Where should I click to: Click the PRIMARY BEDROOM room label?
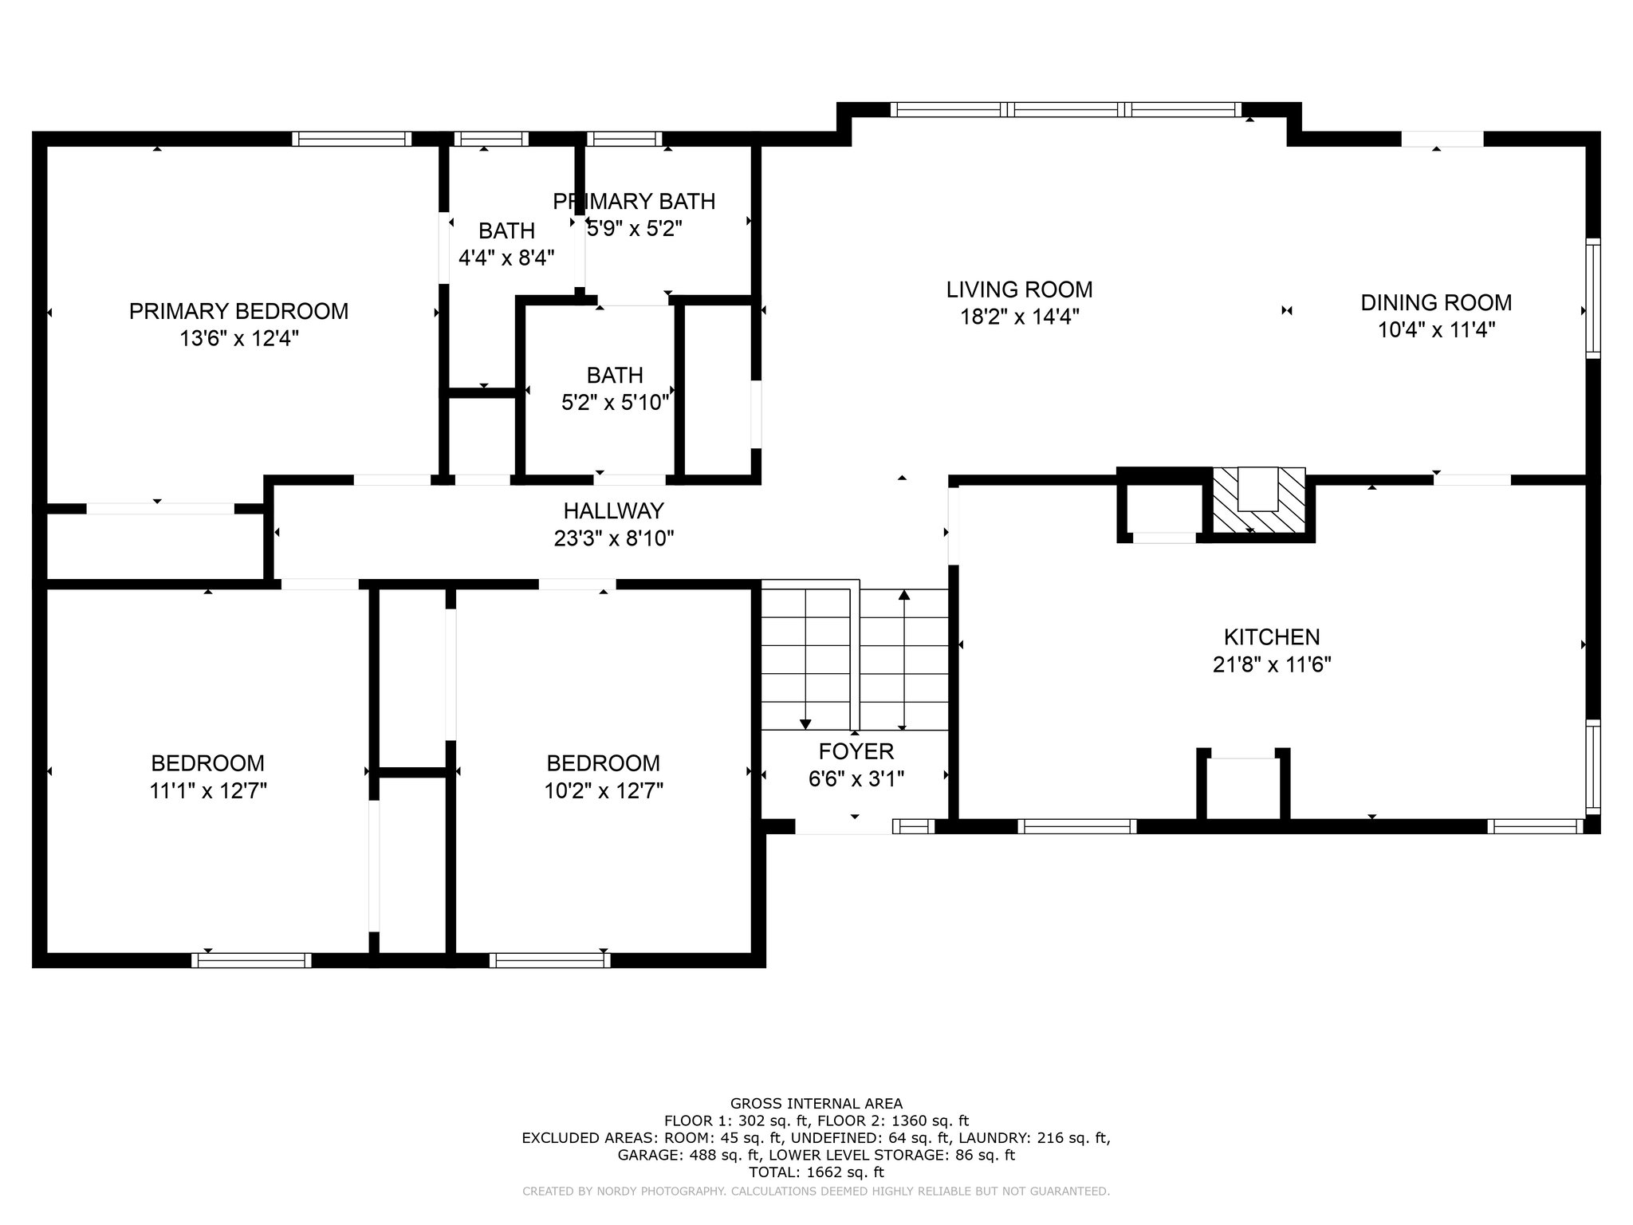pyautogui.click(x=238, y=311)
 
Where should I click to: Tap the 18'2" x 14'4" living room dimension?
pyautogui.click(x=1019, y=317)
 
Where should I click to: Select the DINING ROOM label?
pyautogui.click(x=1436, y=303)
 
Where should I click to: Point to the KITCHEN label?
pyautogui.click(x=1272, y=637)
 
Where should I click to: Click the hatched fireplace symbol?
pyautogui.click(x=1259, y=499)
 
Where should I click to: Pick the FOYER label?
pyautogui.click(x=856, y=751)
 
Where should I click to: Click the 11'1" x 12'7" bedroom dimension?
pyautogui.click(x=207, y=791)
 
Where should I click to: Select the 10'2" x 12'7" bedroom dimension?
pyautogui.click(x=603, y=791)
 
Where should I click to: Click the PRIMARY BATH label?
pyautogui.click(x=634, y=202)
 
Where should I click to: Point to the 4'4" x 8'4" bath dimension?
pyautogui.click(x=506, y=258)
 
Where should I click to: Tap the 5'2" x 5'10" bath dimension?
pyautogui.click(x=615, y=403)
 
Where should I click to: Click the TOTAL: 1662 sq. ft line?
pyautogui.click(x=816, y=1172)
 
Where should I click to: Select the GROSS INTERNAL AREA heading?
pyautogui.click(x=816, y=1104)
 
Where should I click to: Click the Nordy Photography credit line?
pyautogui.click(x=816, y=1192)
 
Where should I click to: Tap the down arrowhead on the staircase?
pyautogui.click(x=805, y=724)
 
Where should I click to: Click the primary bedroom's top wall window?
pyautogui.click(x=352, y=139)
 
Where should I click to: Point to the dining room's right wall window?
pyautogui.click(x=1592, y=298)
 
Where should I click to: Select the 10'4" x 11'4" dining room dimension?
pyautogui.click(x=1436, y=330)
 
